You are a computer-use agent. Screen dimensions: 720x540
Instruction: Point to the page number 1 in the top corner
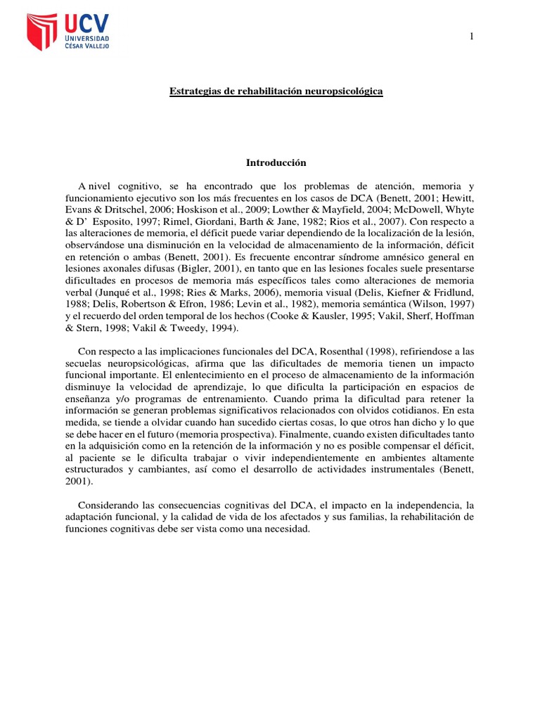471,36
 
